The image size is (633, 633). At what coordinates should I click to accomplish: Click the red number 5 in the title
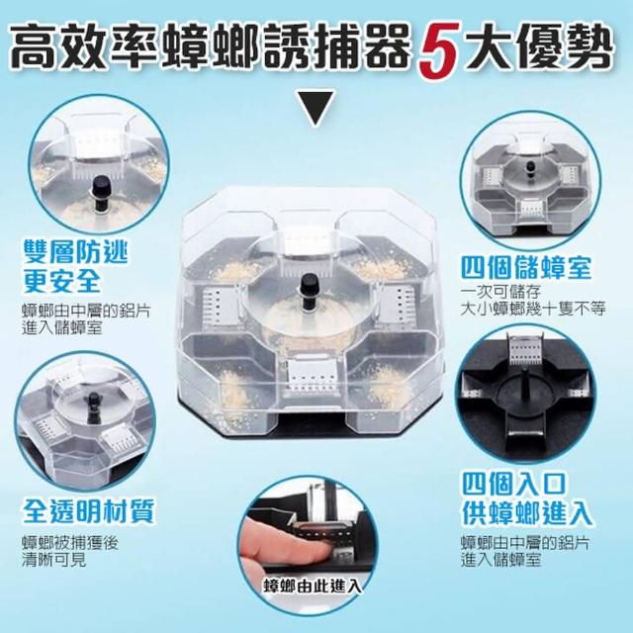(x=437, y=50)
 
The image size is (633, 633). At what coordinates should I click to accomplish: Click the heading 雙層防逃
(x=76, y=252)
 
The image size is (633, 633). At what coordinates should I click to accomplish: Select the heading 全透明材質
(x=89, y=511)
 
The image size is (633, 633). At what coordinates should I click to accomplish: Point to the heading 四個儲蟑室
(x=526, y=268)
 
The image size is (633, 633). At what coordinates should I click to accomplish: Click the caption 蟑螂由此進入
(x=313, y=586)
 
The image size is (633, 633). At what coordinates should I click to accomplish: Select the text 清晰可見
(x=54, y=560)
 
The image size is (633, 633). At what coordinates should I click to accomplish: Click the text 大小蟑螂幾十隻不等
(x=533, y=309)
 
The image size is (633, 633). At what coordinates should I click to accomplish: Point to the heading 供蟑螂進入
(x=527, y=513)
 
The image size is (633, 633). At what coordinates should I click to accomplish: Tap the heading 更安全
(x=61, y=281)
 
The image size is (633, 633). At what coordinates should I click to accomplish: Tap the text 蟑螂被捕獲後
(x=70, y=543)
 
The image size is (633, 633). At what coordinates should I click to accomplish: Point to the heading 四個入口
(x=514, y=484)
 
